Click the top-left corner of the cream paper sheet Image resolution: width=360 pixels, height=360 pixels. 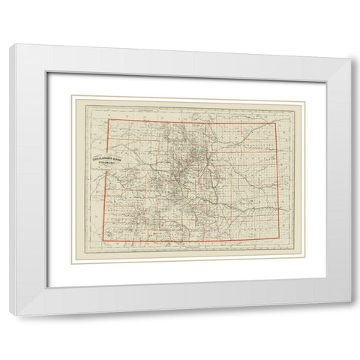pyautogui.click(x=72, y=96)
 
